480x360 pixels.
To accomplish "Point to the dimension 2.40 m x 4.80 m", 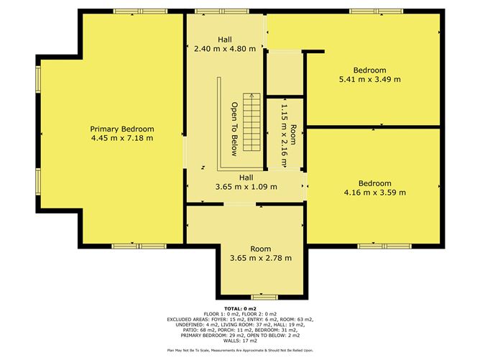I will coord(225,50).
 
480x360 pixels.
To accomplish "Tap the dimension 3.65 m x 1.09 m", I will coord(245,188).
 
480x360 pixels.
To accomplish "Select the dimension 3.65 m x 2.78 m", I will coord(260,258).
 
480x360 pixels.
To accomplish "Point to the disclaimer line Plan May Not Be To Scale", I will coord(240,350).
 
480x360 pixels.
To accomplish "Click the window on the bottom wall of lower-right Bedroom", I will coord(376,246).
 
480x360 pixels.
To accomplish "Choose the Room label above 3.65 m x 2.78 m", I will coord(260,249).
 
